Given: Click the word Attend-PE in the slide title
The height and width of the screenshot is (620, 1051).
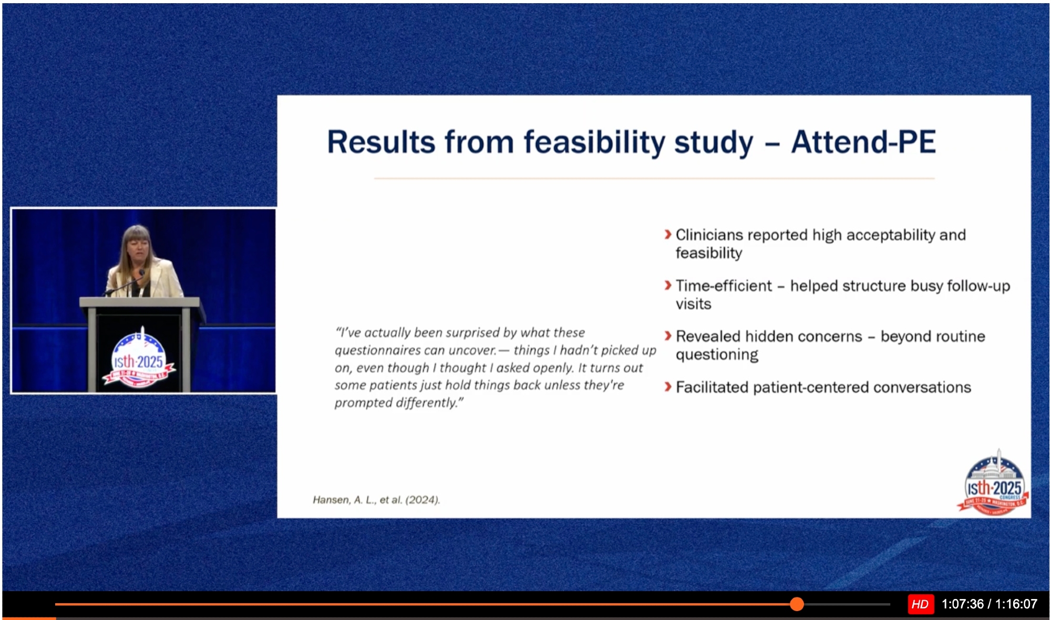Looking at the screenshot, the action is pos(863,142).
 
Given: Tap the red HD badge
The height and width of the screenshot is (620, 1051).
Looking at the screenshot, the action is pos(920,604).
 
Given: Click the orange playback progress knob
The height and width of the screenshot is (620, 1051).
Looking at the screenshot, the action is pos(797,604).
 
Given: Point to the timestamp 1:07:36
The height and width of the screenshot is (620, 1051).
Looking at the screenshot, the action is pos(962,604).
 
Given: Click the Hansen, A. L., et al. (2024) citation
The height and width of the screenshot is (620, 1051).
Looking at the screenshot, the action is pos(376,500).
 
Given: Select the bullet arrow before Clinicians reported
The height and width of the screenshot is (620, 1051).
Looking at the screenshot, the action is pos(668,234).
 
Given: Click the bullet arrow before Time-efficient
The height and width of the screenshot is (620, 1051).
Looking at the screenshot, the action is pos(668,285).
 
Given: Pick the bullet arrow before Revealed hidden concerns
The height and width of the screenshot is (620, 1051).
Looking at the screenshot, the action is pos(668,335).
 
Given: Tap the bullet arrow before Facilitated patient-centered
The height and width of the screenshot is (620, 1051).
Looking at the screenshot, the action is pos(668,387).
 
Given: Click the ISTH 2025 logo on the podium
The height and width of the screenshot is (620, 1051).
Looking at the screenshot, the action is pos(139,360).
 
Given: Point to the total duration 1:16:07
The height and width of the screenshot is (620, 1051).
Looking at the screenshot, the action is pos(1016,604).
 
